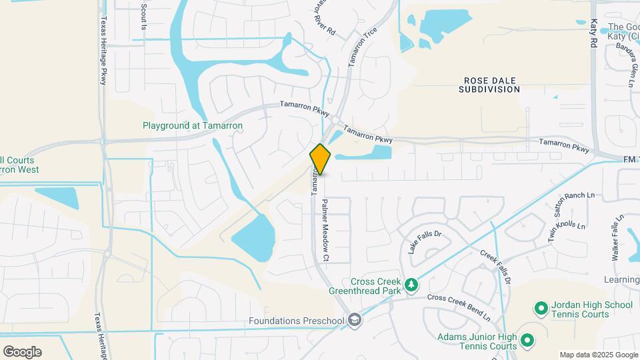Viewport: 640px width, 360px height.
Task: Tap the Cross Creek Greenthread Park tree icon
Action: coord(412,285)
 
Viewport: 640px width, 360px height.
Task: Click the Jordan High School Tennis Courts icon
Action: coord(541,309)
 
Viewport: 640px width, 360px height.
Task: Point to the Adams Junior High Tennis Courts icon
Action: coord(527,341)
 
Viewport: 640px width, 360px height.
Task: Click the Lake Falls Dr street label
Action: coord(425,242)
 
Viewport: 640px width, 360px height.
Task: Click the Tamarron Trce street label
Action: coord(362,47)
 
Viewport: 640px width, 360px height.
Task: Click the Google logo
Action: coord(22,352)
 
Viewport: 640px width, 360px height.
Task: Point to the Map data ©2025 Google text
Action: coord(598,355)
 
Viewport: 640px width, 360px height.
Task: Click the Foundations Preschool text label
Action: coord(297,321)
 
